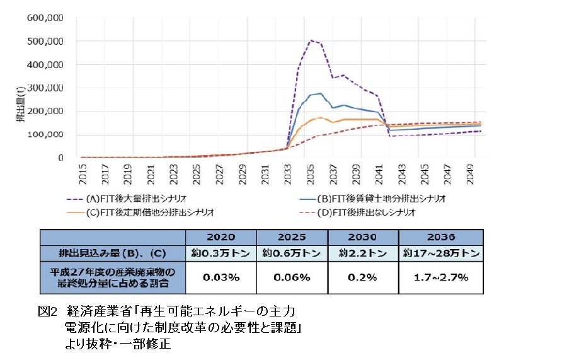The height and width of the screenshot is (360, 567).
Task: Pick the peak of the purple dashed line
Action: (x=311, y=40)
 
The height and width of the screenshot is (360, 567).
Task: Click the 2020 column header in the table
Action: (x=220, y=238)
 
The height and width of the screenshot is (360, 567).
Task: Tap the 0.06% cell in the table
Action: (x=292, y=277)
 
